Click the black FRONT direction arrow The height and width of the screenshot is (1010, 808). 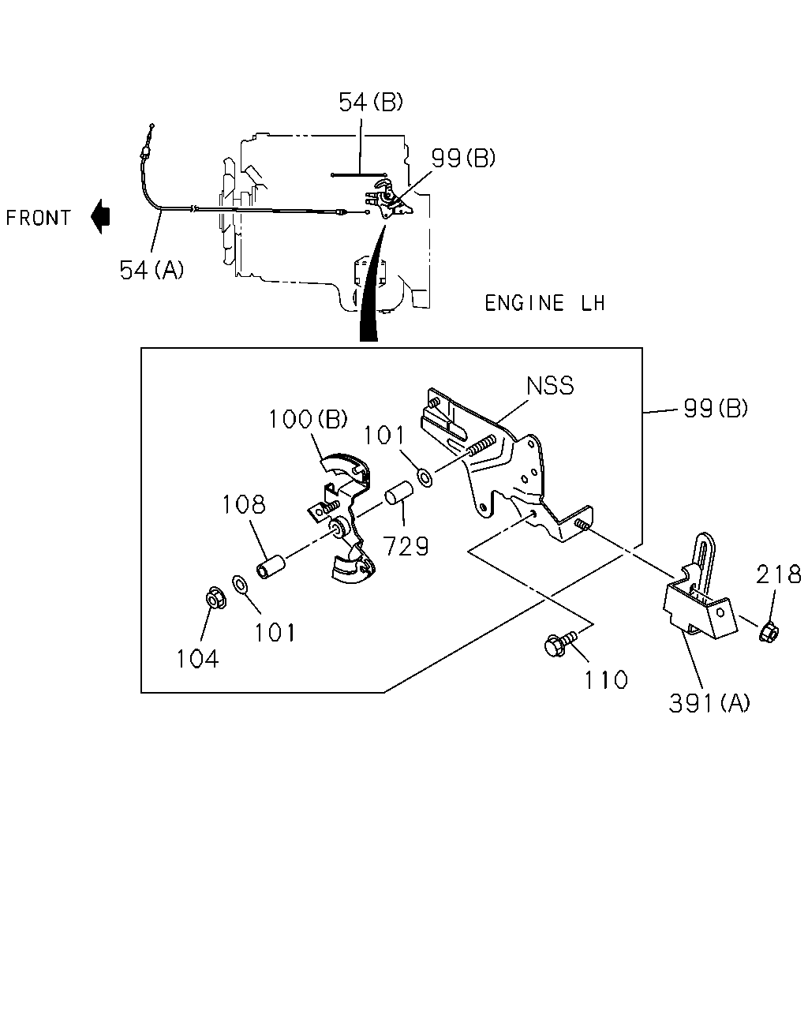click(100, 216)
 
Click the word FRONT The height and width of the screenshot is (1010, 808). click(38, 218)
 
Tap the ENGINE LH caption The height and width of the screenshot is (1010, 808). click(544, 303)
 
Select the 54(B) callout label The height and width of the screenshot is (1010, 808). click(371, 102)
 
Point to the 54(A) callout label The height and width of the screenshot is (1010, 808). click(151, 270)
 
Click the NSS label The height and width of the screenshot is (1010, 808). click(550, 386)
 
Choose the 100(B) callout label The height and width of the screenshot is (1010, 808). click(308, 419)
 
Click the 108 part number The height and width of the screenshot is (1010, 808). click(244, 505)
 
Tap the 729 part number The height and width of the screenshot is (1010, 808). click(406, 546)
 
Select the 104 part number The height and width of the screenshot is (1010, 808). click(197, 659)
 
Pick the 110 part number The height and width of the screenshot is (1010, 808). click(606, 679)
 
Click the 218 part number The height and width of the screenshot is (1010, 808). click(779, 574)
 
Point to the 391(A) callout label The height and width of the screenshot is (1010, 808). click(709, 703)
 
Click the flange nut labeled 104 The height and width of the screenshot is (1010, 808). click(216, 598)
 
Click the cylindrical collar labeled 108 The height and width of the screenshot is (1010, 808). click(271, 567)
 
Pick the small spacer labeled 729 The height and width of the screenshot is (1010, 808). click(399, 494)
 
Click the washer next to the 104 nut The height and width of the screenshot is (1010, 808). click(241, 585)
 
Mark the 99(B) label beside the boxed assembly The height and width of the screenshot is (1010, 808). click(716, 408)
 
